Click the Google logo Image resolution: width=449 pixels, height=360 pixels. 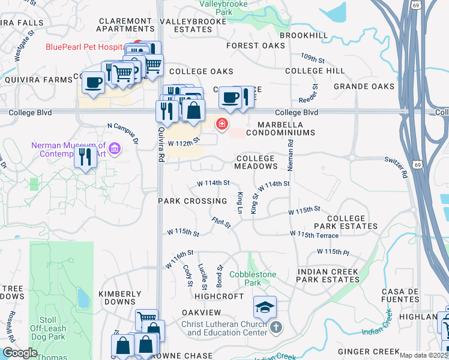(x=20, y=353)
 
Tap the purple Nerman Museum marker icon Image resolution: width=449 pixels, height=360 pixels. (x=115, y=148)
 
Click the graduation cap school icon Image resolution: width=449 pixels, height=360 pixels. (x=265, y=307)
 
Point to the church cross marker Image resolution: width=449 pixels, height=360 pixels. (x=276, y=327)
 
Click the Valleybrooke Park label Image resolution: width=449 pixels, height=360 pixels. (x=224, y=7)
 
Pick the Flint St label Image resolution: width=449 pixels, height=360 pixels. (x=221, y=223)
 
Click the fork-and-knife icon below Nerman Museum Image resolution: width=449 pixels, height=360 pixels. (x=85, y=157)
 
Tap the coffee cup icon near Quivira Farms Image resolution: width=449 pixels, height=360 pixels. (x=93, y=82)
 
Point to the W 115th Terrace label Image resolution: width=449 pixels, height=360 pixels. (x=318, y=234)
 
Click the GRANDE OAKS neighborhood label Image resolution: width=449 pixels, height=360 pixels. (x=364, y=86)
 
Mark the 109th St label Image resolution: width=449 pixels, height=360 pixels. (x=313, y=60)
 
